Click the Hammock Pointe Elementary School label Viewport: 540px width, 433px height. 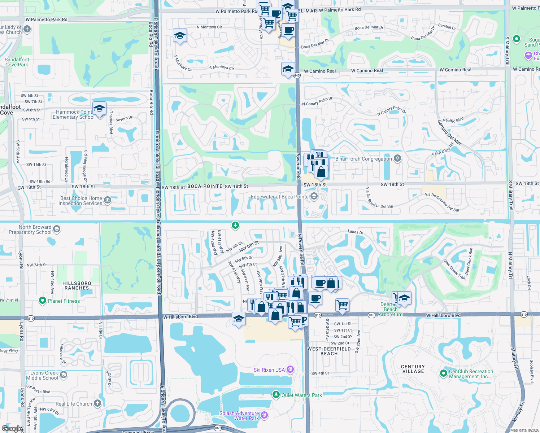[73, 114]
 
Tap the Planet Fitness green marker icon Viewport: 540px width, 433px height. [43, 301]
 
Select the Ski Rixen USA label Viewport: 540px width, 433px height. [269, 370]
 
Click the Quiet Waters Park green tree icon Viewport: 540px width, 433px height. [276, 395]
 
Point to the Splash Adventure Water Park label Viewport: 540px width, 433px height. [239, 416]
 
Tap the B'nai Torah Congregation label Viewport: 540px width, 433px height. [363, 159]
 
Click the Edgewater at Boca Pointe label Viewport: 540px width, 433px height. [280, 197]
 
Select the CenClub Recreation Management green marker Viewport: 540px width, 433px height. [444, 373]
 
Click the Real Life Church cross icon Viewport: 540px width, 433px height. [97, 403]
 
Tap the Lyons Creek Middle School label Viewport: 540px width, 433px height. [42, 375]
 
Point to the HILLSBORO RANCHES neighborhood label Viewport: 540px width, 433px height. [77, 285]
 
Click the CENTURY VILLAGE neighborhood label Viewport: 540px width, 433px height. [413, 369]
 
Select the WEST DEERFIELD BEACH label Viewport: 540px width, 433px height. [329, 351]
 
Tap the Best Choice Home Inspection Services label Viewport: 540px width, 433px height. [81, 201]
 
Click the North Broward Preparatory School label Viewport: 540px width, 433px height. [30, 229]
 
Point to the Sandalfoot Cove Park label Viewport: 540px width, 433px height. [17, 62]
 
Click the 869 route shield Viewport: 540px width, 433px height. [218, 428]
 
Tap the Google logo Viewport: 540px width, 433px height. [12, 429]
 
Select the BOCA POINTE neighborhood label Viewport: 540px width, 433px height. [205, 186]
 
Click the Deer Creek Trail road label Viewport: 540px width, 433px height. [454, 269]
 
